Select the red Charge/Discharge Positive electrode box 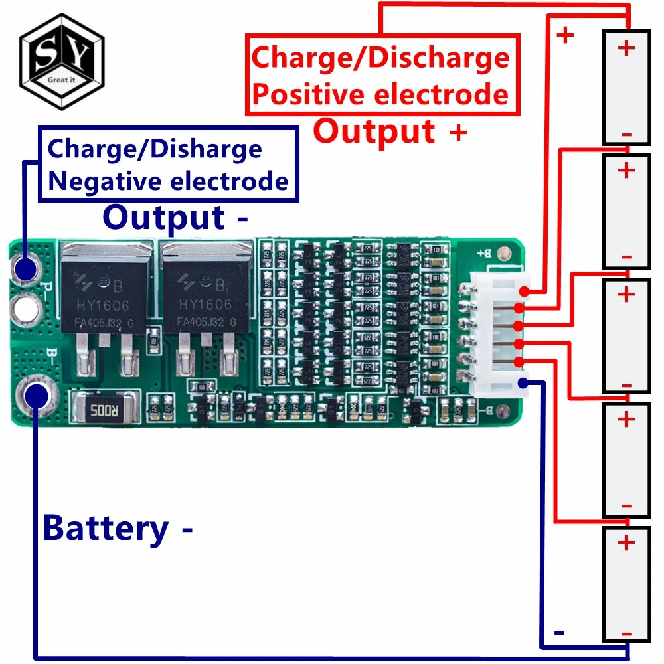click(x=381, y=74)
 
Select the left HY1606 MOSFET click(x=104, y=291)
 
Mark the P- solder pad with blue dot click(x=27, y=270)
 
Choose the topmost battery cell click(x=625, y=87)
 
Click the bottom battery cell click(x=625, y=585)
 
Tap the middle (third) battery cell click(x=625, y=336)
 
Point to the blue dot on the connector click(x=523, y=382)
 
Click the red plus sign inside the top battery click(x=625, y=48)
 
